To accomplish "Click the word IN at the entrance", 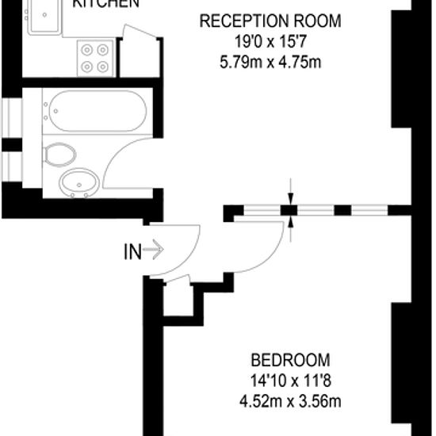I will pyautogui.click(x=132, y=252).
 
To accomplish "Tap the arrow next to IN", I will pyautogui.click(x=154, y=252).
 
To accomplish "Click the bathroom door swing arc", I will pyautogui.click(x=119, y=163).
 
